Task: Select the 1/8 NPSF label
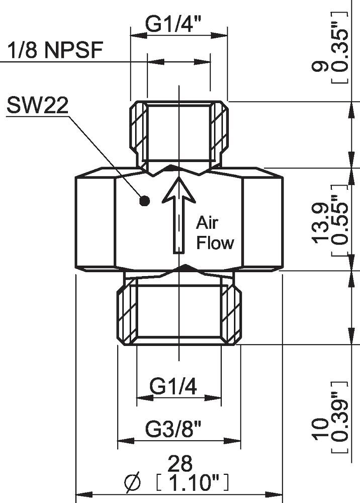pos(55,50)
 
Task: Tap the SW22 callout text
pos(38,105)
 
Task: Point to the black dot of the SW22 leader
pos(145,202)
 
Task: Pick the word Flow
pos(215,243)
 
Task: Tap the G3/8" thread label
pos(173,430)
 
